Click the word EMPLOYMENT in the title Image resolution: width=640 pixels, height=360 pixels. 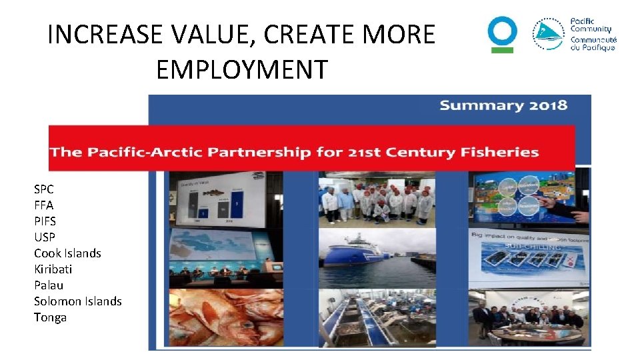point(241,69)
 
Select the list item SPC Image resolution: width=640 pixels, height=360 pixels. point(44,189)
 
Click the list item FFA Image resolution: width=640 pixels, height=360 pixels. point(44,205)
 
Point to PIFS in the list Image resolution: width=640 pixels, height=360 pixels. point(45,221)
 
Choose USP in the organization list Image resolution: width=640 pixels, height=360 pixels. point(45,237)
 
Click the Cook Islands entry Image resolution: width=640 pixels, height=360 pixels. point(67,253)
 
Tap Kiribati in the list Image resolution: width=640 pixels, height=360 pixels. point(53,269)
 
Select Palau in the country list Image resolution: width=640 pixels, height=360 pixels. point(49,285)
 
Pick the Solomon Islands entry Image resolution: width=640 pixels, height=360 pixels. point(77,301)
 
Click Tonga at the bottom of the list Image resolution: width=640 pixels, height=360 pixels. point(50,317)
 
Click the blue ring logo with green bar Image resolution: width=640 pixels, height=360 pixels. point(502,34)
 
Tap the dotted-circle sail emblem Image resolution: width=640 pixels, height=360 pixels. point(548,35)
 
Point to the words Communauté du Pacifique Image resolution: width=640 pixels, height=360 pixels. point(593,44)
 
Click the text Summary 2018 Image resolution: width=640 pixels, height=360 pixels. point(503,105)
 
